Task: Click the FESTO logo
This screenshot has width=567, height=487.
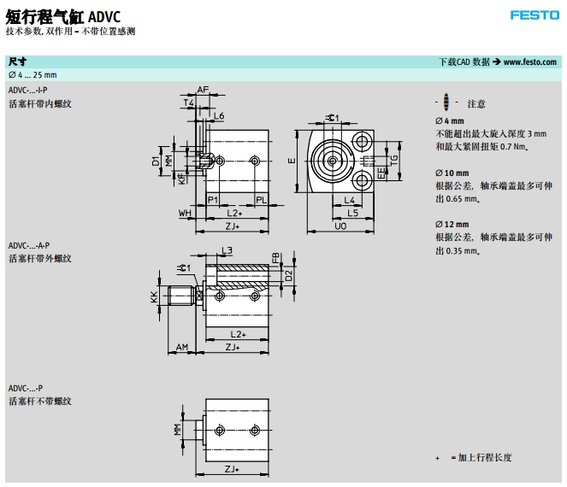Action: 535,15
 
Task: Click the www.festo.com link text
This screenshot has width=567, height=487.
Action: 530,62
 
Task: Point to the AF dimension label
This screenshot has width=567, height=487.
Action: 204,90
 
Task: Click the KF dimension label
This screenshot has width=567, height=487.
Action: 181,179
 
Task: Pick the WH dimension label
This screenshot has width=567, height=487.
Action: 184,213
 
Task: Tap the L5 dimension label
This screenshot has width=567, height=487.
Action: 352,213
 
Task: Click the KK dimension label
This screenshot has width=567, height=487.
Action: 154,296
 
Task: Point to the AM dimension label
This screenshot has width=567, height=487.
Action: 181,347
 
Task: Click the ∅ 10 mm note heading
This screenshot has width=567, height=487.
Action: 450,173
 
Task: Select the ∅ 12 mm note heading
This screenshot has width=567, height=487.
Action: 450,225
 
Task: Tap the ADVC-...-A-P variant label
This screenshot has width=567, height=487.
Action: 28,245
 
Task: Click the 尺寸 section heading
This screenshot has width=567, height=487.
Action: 17,62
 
